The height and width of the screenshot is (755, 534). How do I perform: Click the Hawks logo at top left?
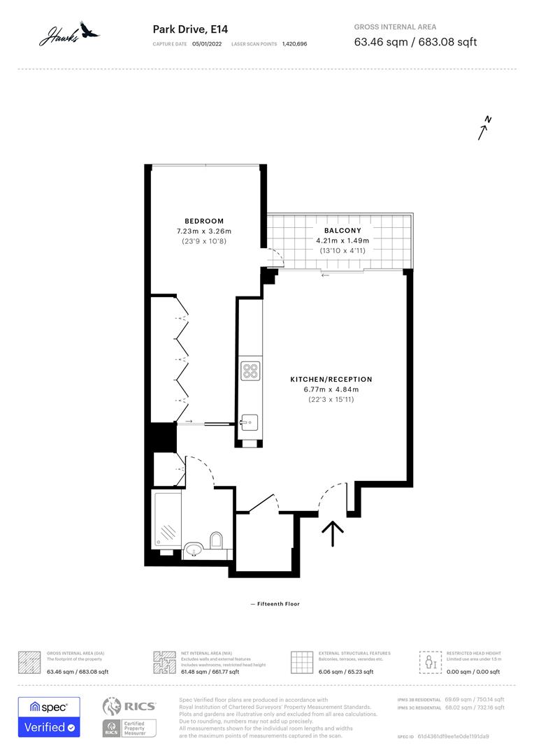68,33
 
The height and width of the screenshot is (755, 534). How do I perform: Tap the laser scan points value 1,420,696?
294,44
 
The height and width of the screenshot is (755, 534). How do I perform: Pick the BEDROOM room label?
204,221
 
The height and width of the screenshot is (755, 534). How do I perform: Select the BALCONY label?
342,230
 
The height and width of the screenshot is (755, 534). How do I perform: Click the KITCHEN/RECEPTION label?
331,379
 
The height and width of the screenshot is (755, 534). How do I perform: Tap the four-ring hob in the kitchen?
250,371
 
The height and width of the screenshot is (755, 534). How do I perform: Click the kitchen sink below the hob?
249,422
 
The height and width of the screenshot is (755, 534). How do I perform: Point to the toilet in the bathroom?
216,541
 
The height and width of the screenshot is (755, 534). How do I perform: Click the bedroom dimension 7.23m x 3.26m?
204,231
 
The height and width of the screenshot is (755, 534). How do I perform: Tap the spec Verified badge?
49,717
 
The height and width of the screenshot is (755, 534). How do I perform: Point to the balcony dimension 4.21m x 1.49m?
342,240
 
